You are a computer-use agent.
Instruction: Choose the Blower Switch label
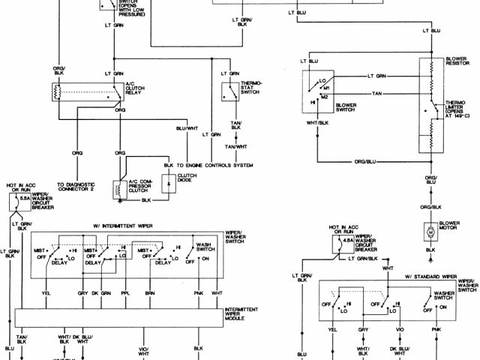point(346,108)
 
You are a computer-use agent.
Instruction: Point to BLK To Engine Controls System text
point(208,165)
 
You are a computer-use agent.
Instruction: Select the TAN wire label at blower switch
point(376,93)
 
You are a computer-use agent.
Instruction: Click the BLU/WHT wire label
point(185,128)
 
